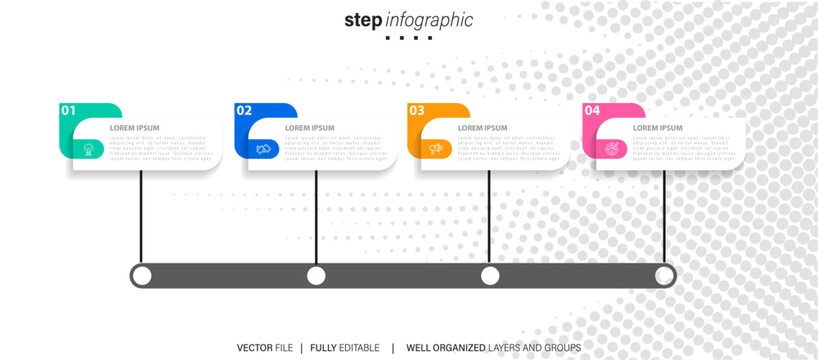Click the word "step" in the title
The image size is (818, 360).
tap(362, 20)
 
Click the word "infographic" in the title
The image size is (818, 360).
tap(428, 20)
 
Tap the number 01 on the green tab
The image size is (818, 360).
tap(68, 111)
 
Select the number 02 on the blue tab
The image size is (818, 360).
tap(244, 111)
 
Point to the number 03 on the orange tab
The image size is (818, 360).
tap(416, 111)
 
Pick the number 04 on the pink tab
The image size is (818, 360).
tap(592, 111)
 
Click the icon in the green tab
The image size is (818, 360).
tap(89, 149)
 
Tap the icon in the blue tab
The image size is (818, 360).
tap(263, 149)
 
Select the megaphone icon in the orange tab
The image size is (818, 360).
tap(436, 149)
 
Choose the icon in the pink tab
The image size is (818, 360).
tap(611, 149)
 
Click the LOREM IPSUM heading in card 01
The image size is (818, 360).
tap(134, 128)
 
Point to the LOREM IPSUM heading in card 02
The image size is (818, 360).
tap(310, 128)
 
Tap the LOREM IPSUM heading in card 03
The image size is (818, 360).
tap(482, 128)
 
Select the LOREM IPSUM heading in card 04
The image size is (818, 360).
tap(658, 128)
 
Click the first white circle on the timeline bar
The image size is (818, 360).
tap(142, 276)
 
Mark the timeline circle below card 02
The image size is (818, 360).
tap(316, 276)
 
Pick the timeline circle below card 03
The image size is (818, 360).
tap(490, 276)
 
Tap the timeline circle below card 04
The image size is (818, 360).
tap(664, 276)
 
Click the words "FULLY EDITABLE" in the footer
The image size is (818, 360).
tap(345, 347)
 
